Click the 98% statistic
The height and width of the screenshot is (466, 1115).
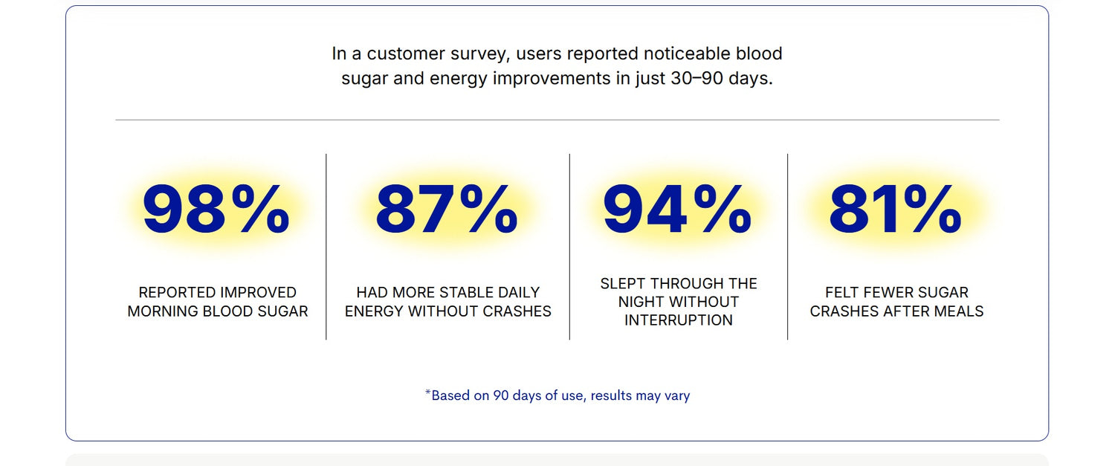click(216, 208)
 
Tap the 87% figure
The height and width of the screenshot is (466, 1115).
click(447, 208)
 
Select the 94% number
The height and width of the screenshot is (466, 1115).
click(677, 208)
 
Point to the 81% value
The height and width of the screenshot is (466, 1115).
click(895, 208)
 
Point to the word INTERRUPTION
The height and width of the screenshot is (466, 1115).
click(679, 320)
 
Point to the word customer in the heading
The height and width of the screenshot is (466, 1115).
click(406, 54)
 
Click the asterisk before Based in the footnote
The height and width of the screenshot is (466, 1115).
click(427, 392)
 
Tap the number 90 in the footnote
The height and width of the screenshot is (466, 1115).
click(501, 395)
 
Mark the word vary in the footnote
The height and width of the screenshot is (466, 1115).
click(677, 396)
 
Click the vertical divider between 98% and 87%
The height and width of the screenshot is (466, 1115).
click(326, 247)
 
